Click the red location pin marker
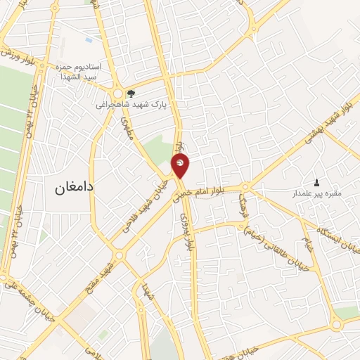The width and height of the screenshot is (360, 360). tap(180, 167)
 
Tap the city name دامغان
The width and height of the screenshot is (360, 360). tap(74, 188)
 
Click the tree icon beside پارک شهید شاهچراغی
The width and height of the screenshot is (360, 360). tap(130, 93)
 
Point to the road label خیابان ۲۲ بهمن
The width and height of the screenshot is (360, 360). tap(30, 112)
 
